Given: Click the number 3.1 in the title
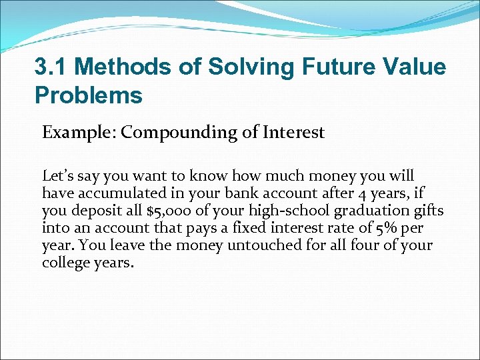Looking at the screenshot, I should (x=51, y=67).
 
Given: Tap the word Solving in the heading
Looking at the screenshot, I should (x=241, y=67).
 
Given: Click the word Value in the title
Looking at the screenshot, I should (x=415, y=67).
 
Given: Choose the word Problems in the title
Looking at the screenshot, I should (x=89, y=95).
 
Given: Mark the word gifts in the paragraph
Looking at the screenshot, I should (x=427, y=211).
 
